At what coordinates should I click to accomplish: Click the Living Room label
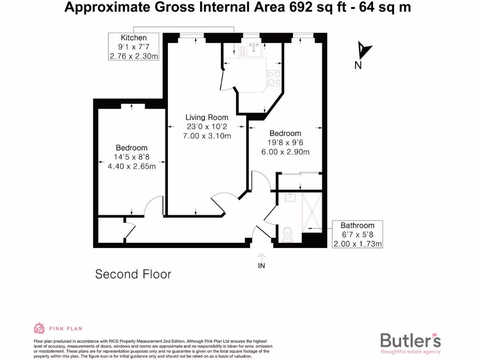[207, 118]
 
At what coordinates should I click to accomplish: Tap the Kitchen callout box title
[134, 37]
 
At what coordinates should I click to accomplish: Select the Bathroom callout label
[357, 225]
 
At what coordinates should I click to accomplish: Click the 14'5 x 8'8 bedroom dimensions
[132, 157]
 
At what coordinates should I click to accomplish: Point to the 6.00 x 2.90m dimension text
[285, 152]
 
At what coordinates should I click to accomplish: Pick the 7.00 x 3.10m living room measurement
[207, 136]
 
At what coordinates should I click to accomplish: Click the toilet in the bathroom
[288, 233]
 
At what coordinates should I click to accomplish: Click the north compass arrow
[364, 49]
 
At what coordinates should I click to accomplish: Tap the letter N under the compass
[358, 65]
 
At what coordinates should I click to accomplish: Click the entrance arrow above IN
[262, 257]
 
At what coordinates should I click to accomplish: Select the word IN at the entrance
[262, 266]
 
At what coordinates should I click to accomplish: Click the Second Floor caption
[133, 274]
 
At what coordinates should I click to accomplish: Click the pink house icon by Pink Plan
[39, 328]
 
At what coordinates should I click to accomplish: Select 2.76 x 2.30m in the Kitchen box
[134, 56]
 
